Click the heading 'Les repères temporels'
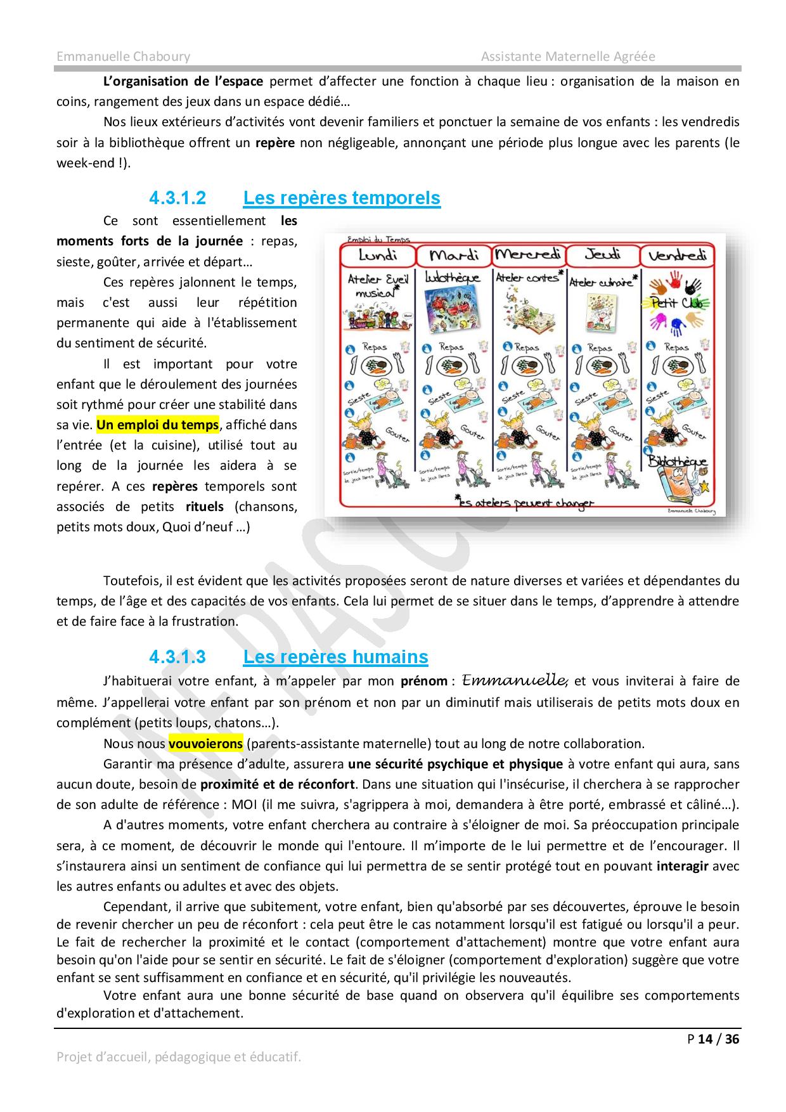coord(342,198)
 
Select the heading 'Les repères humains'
coord(335,657)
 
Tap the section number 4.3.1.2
coord(177,198)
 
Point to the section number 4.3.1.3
coord(177,657)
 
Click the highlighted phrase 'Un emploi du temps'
coord(157,425)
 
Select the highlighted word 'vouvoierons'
coord(205,743)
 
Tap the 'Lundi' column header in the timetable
coord(378,255)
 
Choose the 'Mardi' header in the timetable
coord(453,255)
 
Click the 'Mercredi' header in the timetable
coord(528,255)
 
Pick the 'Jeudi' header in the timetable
coord(602,255)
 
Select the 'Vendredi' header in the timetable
coord(678,255)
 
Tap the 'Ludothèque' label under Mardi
coord(453,278)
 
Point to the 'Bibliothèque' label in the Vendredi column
coord(677,462)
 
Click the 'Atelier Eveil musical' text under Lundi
coord(378,285)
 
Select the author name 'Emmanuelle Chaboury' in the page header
coord(123,56)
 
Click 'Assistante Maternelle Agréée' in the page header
coord(568,56)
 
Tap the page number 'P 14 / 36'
coord(713,1039)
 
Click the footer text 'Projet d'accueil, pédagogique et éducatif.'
coord(179,1057)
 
